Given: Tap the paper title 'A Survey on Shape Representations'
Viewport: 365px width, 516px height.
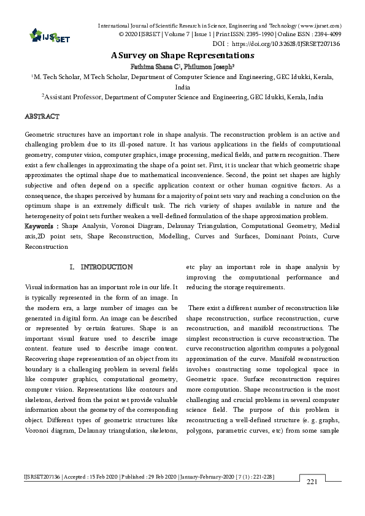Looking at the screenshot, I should pyautogui.click(x=182, y=55).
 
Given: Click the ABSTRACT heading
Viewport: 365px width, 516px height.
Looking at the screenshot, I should pyautogui.click(x=42, y=116).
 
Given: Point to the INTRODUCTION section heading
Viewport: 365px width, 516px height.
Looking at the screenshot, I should pyautogui.click(x=107, y=267).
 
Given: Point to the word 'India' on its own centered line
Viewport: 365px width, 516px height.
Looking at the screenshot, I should pyautogui.click(x=182, y=87).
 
